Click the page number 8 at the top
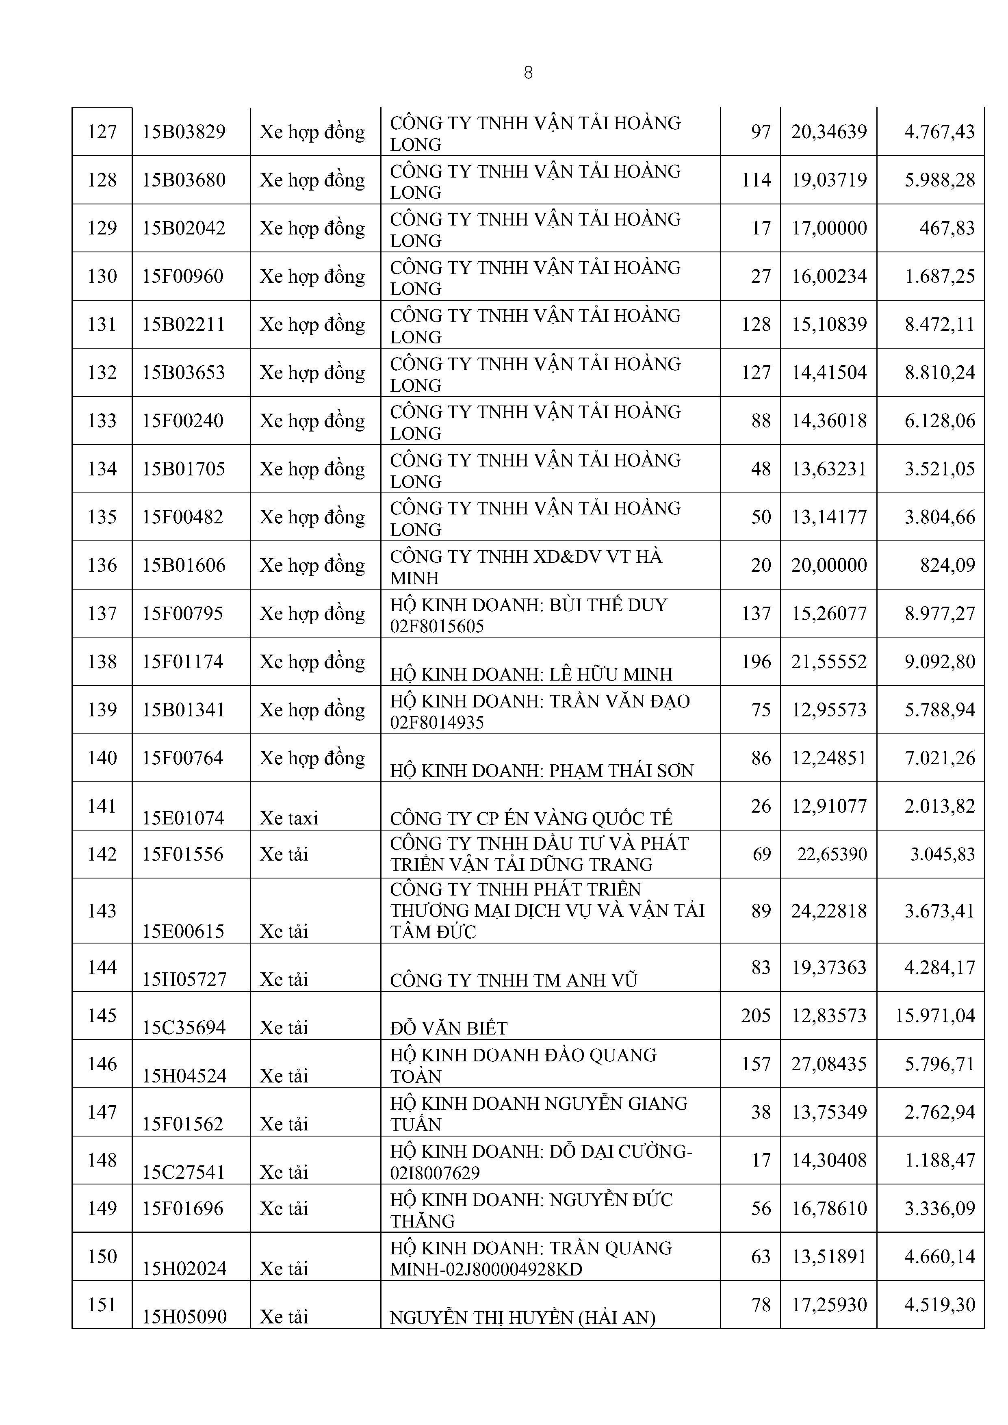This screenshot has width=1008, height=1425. click(528, 73)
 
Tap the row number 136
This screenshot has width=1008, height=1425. click(102, 565)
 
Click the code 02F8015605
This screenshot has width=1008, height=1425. click(437, 626)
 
